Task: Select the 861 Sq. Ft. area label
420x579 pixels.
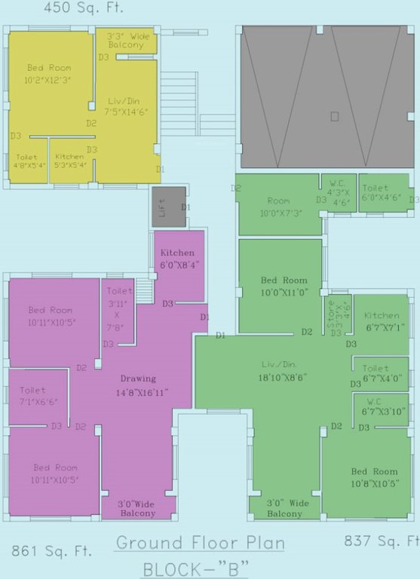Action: (x=51, y=551)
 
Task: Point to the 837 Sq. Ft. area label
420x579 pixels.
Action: (x=381, y=541)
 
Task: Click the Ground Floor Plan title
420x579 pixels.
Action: (x=201, y=544)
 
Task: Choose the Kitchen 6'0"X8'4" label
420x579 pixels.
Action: (x=178, y=259)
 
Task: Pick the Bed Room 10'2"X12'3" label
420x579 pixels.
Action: (x=49, y=73)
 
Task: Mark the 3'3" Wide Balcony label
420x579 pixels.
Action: (x=125, y=40)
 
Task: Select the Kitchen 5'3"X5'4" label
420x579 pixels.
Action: (x=71, y=161)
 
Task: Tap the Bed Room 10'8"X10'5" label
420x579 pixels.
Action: (x=374, y=477)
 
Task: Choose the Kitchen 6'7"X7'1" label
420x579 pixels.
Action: (x=382, y=321)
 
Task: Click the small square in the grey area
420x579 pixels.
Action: (x=334, y=116)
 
